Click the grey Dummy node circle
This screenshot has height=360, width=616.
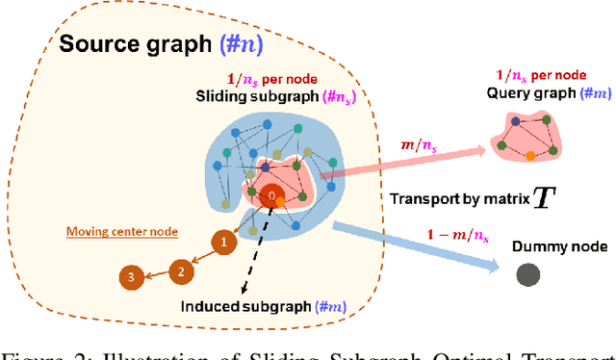click(x=526, y=274)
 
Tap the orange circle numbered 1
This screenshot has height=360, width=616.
click(x=224, y=242)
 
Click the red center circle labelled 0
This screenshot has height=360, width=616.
click(x=272, y=195)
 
